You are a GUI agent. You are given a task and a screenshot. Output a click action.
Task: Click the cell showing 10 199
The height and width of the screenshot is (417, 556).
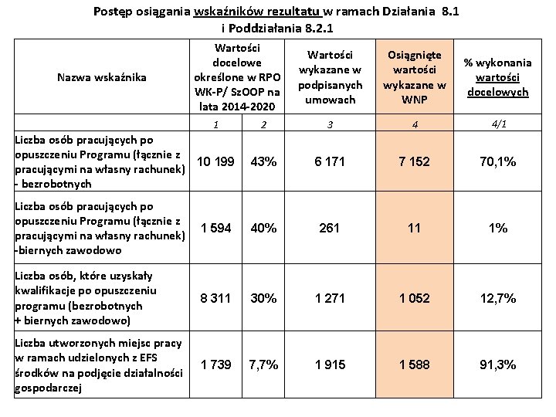click(215, 161)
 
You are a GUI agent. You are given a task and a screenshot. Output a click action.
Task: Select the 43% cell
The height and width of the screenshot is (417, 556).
click(264, 161)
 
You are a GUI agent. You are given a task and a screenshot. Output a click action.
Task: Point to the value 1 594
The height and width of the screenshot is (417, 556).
click(215, 229)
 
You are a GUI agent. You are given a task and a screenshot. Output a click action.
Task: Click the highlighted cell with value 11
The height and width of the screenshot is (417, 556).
click(415, 229)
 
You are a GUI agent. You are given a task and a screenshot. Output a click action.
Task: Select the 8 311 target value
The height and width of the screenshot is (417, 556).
click(215, 297)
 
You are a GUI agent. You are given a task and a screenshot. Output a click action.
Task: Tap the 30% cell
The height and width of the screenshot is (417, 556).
click(264, 297)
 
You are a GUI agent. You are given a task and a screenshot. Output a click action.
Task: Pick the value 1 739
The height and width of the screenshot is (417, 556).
click(215, 364)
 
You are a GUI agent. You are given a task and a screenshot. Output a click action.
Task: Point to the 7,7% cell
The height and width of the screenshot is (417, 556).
click(264, 364)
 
